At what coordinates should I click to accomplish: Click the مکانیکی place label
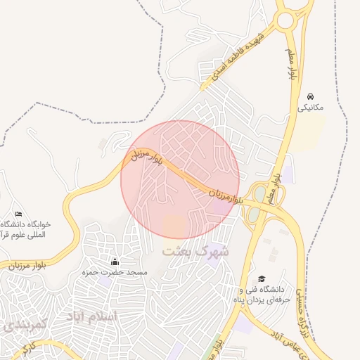[311, 108]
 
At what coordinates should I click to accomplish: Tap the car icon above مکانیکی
[311, 96]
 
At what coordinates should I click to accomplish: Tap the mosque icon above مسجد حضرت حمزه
[115, 262]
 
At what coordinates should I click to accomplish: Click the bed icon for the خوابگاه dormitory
[18, 214]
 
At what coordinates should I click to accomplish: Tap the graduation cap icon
[262, 279]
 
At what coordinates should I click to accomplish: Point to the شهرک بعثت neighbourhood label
[195, 250]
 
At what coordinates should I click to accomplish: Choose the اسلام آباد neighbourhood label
[93, 317]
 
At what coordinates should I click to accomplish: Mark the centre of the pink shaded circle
[180, 179]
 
